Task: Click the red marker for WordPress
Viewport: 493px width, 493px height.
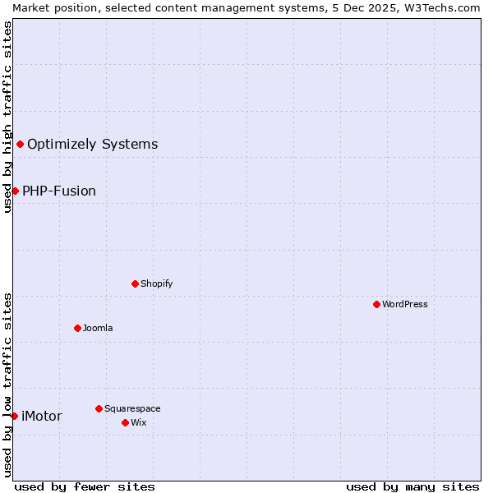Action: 376,304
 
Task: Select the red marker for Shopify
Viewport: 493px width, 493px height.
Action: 135,283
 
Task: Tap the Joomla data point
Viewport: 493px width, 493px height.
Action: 77,328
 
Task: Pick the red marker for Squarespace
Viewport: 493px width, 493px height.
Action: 99,408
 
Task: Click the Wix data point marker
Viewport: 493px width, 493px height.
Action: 125,422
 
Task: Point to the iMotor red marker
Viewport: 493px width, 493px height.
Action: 14,416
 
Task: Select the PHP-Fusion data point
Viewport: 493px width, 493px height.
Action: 15,191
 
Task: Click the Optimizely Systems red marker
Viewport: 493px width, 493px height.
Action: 20,144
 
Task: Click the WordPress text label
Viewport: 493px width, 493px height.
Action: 405,304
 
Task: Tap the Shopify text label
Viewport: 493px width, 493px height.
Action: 156,283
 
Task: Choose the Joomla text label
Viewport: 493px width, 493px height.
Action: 98,328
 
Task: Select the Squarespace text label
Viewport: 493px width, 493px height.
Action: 132,408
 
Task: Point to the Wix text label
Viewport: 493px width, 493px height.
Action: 139,422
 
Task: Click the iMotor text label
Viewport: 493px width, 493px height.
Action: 42,416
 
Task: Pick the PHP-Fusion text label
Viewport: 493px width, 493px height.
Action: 59,191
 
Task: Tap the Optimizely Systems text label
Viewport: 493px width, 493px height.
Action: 93,144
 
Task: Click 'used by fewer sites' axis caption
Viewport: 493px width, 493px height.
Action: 85,486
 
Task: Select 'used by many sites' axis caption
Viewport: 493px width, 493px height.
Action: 412,486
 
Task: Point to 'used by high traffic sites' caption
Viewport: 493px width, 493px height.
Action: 7,117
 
